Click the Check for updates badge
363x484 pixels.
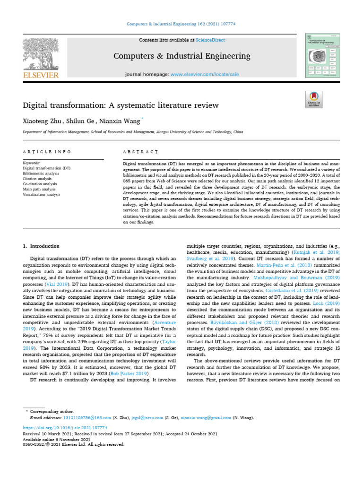pos(314,100)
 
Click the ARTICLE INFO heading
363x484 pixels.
pos(47,152)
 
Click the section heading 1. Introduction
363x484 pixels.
pos(41,246)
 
